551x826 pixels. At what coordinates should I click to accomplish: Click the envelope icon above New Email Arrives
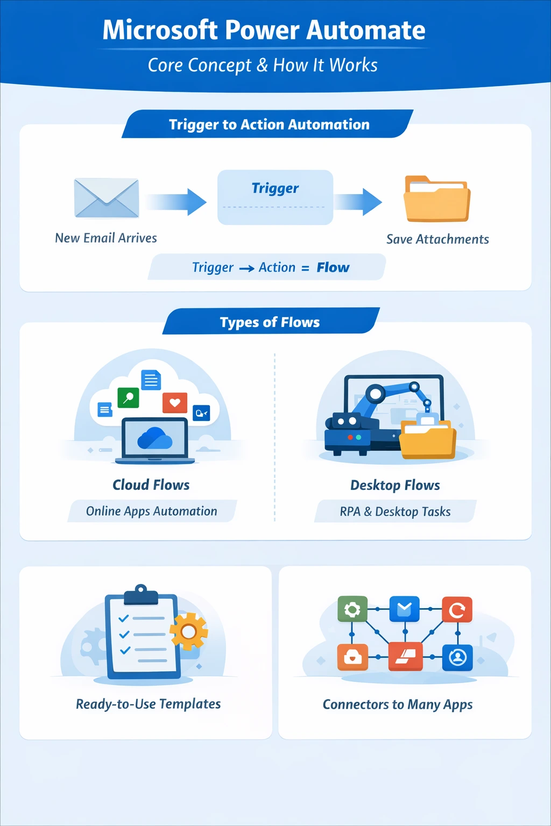click(x=107, y=198)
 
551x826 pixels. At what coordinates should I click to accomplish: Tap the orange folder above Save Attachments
click(x=437, y=200)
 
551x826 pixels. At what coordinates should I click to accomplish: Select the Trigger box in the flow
click(x=275, y=197)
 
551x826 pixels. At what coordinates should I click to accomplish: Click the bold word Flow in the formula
click(x=333, y=267)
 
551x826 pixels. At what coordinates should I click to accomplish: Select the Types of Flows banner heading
click(x=270, y=322)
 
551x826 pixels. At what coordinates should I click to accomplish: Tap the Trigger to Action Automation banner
click(x=269, y=124)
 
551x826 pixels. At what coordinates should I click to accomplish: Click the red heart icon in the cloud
click(x=174, y=402)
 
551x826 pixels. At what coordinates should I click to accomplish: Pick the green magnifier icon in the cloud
click(x=128, y=398)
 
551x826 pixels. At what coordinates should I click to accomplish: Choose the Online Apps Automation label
click(x=152, y=511)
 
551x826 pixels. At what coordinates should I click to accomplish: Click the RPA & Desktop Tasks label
click(x=395, y=511)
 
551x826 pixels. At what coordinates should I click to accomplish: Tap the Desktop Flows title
click(x=395, y=485)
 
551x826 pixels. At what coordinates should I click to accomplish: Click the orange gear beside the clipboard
click(x=189, y=631)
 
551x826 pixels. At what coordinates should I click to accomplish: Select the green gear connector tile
click(x=352, y=609)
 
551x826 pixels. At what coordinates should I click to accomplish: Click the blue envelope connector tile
click(x=405, y=609)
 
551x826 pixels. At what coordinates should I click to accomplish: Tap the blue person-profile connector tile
click(x=457, y=657)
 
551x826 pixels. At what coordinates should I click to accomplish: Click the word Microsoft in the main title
click(x=160, y=30)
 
